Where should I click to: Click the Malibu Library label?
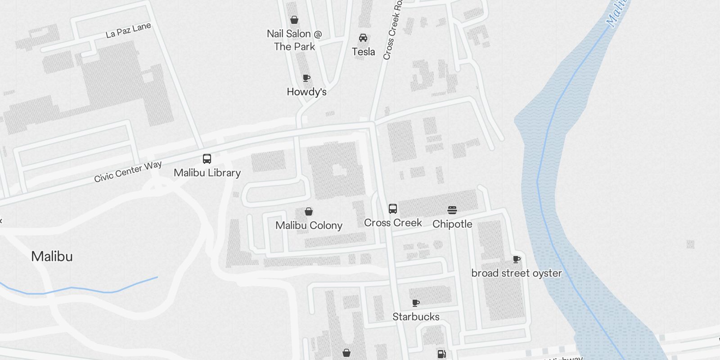[207, 173]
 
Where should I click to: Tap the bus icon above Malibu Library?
[207, 159]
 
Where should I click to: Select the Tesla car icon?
[363, 38]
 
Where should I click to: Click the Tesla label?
[363, 52]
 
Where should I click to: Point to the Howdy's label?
[306, 92]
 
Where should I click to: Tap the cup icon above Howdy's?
[306, 78]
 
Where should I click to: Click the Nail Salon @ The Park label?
[294, 40]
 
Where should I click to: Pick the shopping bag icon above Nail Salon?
[294, 20]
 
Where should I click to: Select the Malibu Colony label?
[309, 225]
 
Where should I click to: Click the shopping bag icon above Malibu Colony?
[309, 211]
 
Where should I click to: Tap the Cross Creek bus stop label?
[393, 223]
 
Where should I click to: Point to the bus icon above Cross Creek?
[393, 209]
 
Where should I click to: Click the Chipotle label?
[452, 224]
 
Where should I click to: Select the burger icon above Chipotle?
[452, 210]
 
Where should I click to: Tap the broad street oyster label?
[516, 273]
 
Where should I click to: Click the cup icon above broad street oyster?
[517, 260]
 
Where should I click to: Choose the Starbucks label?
[416, 317]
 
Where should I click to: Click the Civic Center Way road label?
[128, 171]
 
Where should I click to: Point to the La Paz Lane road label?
[128, 30]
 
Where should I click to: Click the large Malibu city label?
[52, 256]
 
